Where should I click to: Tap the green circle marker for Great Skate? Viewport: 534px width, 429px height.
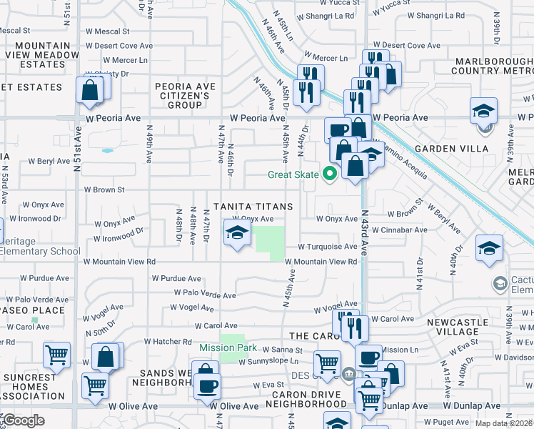click(329, 173)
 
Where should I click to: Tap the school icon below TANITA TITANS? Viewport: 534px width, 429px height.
click(237, 232)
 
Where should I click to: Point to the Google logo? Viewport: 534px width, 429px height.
click(24, 420)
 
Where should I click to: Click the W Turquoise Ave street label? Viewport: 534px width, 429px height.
click(327, 247)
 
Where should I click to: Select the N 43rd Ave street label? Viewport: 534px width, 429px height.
click(364, 233)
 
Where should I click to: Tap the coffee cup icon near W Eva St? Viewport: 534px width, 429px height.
click(208, 385)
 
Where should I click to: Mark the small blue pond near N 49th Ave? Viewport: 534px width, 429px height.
click(107, 151)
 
